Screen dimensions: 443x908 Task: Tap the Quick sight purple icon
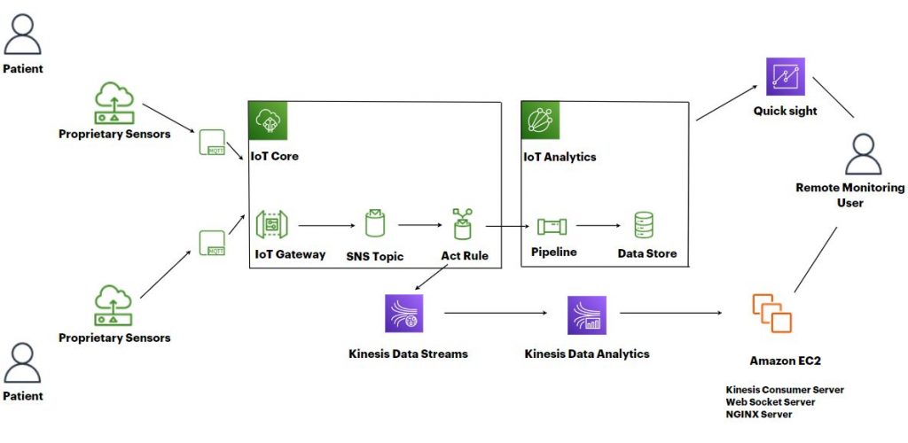(x=785, y=76)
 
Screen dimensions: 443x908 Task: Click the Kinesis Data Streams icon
(x=404, y=315)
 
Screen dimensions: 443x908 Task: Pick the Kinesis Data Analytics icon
(x=587, y=315)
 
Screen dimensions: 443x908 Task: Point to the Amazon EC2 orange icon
(x=771, y=314)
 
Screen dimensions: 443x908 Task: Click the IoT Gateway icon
(x=270, y=225)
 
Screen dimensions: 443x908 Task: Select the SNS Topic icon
(x=374, y=225)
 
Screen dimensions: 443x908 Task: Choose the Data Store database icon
(x=644, y=225)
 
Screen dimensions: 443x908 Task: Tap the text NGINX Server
(x=759, y=414)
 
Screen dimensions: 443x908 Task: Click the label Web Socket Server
(x=770, y=401)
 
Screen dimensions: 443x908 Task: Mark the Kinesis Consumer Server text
(x=785, y=389)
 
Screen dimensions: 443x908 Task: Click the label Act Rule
(x=465, y=256)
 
